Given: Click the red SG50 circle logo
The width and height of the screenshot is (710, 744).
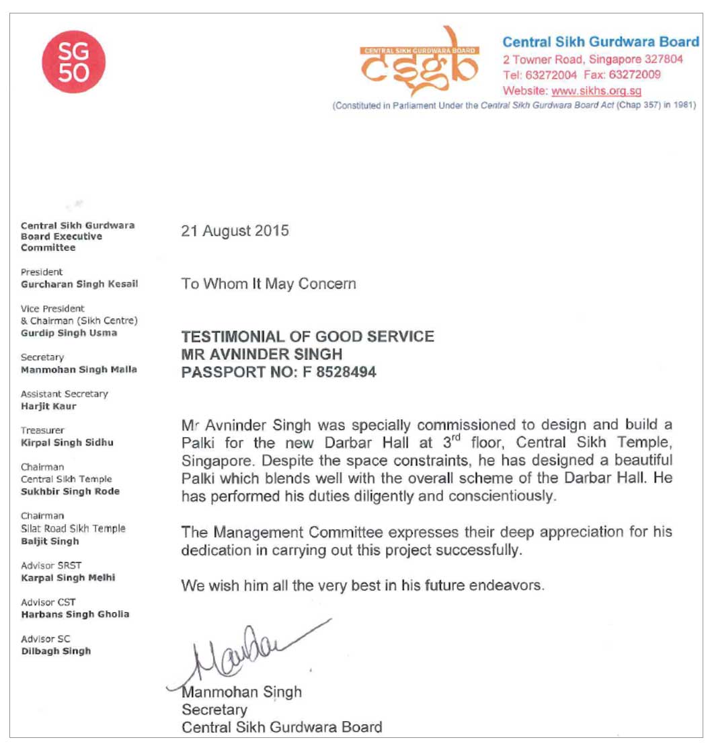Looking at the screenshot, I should tap(73, 61).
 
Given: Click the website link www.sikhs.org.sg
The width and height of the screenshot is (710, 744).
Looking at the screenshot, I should tap(596, 91).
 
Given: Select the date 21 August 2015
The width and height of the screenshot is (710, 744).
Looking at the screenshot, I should tap(235, 231).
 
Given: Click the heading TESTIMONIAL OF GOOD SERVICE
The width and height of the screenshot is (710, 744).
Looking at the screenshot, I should tap(307, 336).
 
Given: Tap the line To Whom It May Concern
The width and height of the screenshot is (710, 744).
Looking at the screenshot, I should tap(268, 283).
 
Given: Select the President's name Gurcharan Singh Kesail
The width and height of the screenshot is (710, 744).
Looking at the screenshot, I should tap(79, 284).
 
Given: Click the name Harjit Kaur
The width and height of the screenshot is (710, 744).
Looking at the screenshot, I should tap(48, 406).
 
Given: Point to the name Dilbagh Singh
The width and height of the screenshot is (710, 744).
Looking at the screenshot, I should tap(56, 650).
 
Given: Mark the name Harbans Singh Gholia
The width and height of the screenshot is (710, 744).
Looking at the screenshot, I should tap(75, 614).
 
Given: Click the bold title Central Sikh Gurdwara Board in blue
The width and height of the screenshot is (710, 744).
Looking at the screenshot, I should tap(600, 42).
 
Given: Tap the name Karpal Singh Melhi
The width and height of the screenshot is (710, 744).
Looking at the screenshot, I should tap(68, 578).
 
